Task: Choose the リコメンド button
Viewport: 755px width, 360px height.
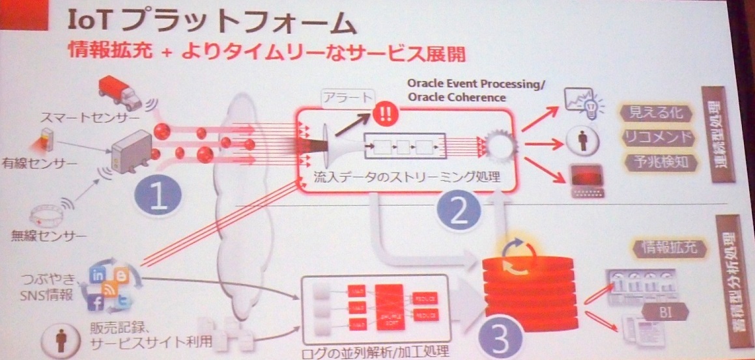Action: point(656,137)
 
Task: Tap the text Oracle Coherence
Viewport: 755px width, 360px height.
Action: point(456,98)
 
